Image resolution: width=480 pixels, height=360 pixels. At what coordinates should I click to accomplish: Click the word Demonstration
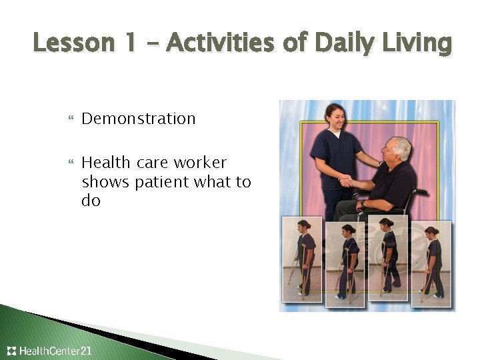[x=139, y=119]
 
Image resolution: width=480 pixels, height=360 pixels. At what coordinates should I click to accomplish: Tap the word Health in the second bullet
[x=107, y=163]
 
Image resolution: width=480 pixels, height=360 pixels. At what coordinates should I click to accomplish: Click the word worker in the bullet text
[x=200, y=163]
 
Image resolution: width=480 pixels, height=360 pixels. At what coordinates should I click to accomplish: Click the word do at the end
[x=91, y=201]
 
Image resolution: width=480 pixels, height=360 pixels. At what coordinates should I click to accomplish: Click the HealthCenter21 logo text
[x=55, y=351]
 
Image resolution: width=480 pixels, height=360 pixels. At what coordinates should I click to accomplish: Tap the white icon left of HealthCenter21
[x=11, y=351]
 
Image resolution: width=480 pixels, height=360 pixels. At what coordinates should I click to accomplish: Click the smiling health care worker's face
[x=335, y=119]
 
